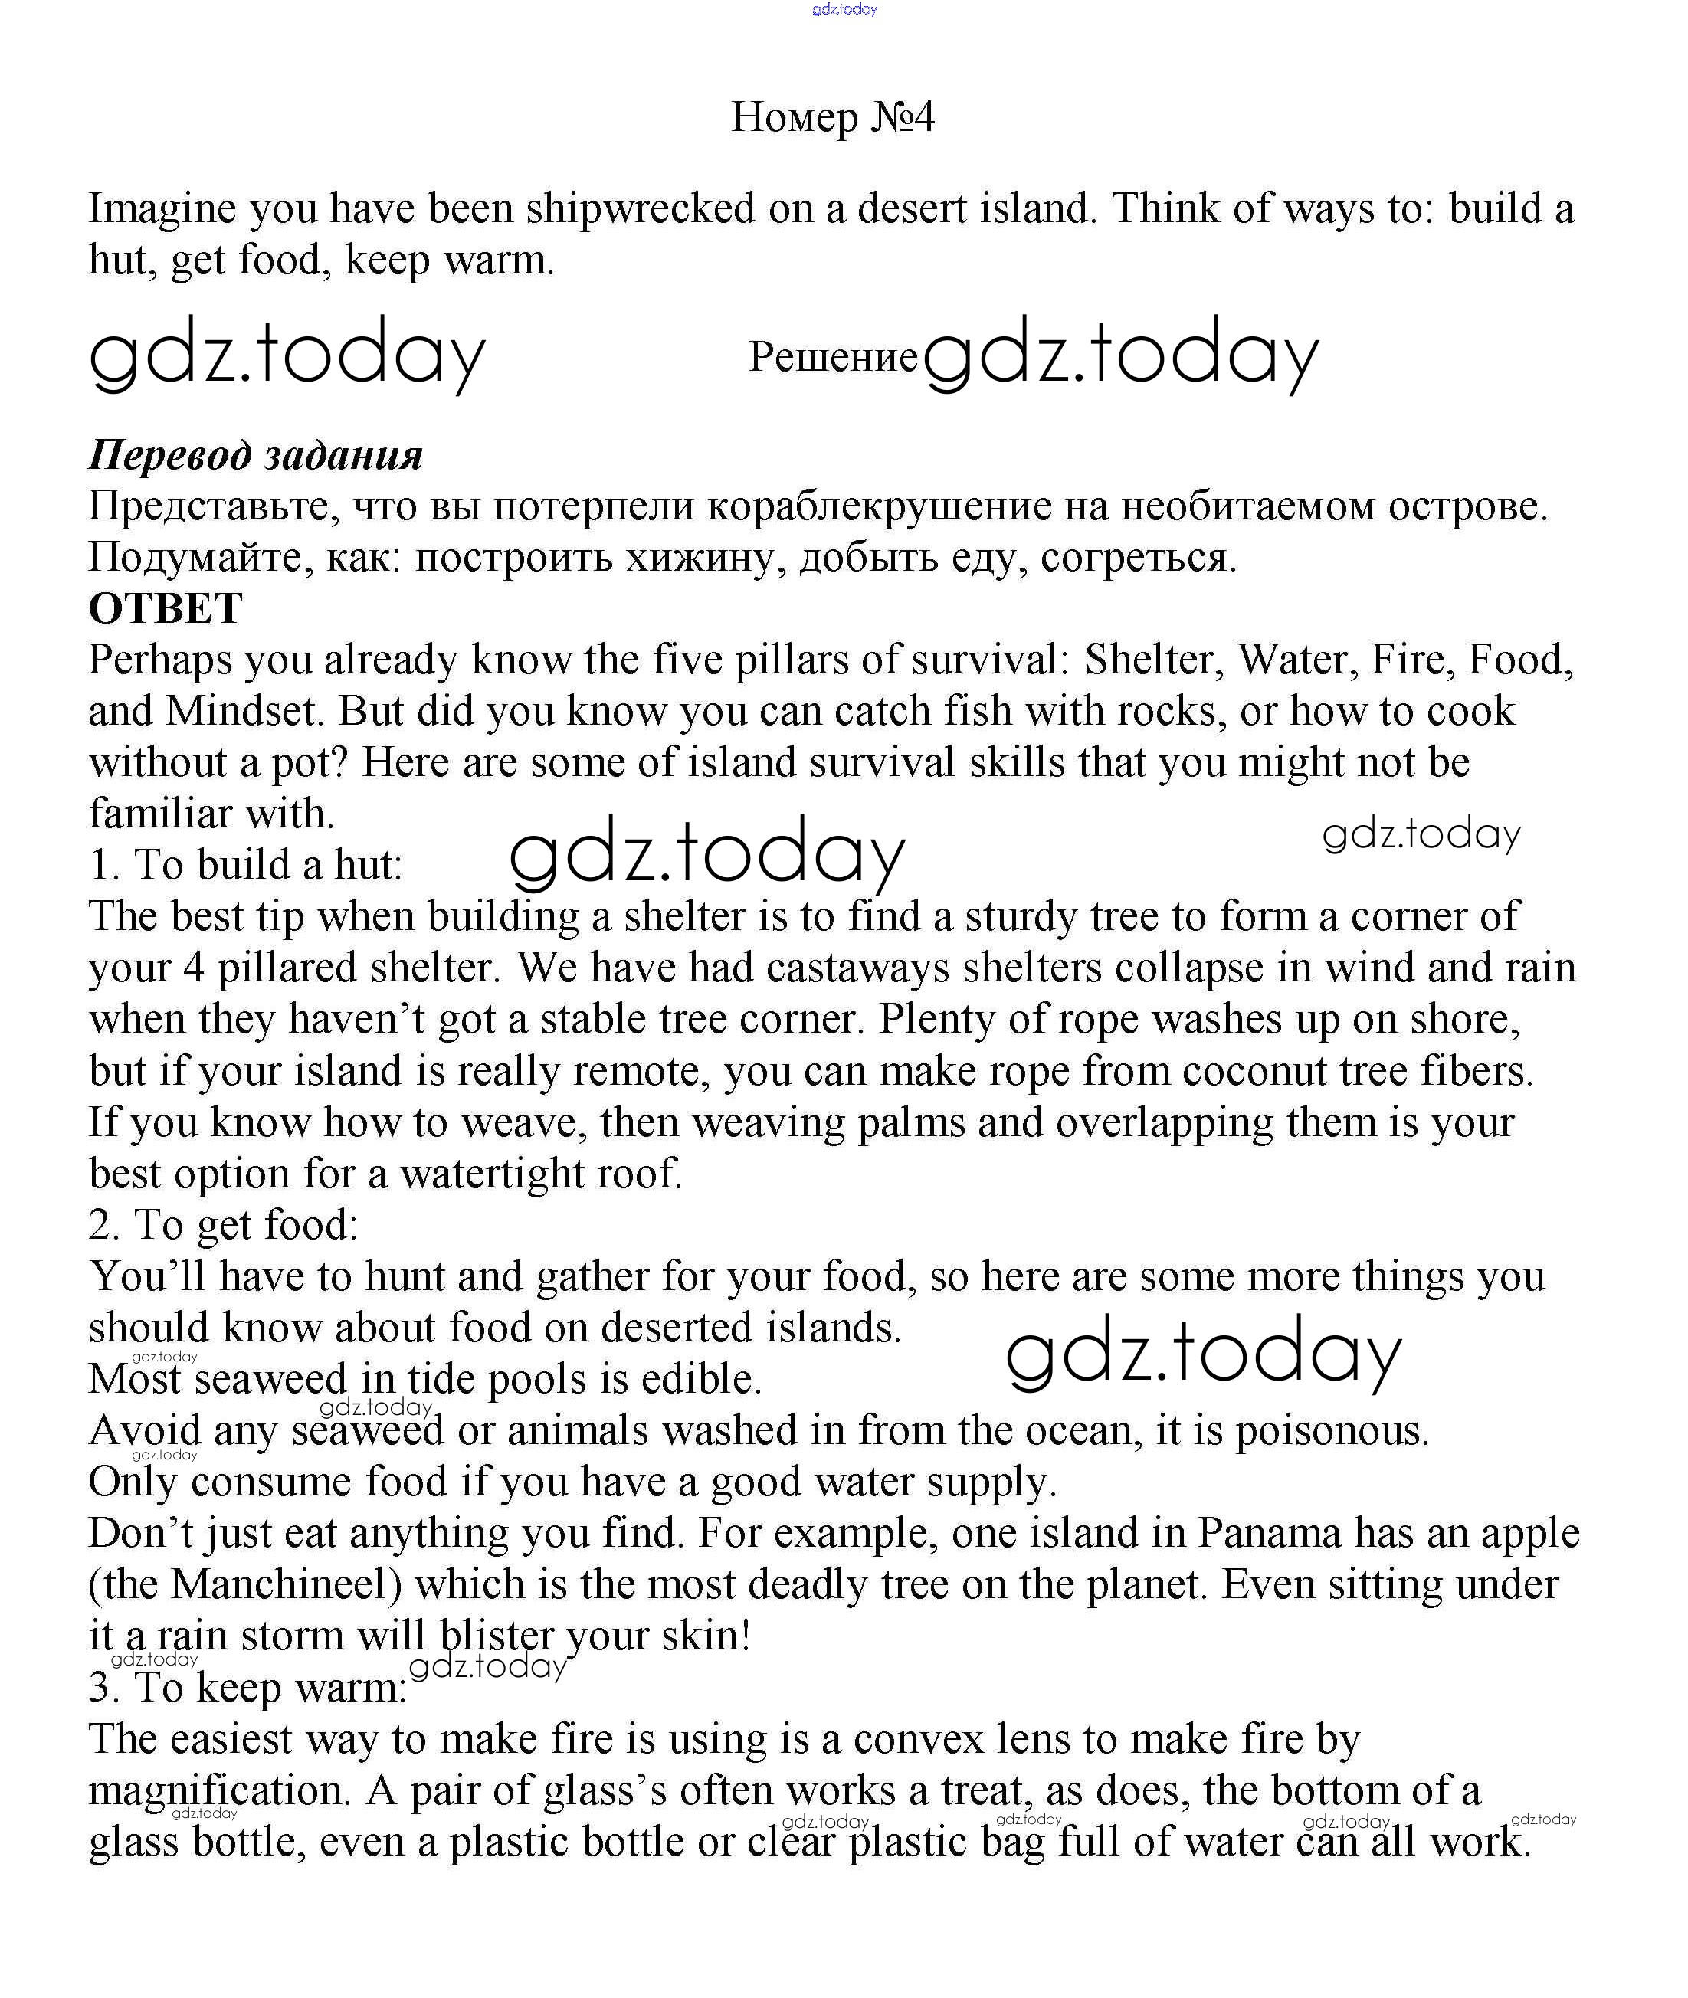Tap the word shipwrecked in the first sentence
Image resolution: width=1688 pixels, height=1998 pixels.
coord(640,208)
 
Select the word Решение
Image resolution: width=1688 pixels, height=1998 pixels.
coord(833,357)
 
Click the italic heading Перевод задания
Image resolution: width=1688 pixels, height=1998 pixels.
coord(255,456)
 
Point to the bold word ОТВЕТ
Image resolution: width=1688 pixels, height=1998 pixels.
coord(166,608)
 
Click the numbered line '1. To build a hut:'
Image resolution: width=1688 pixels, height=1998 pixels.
coord(246,865)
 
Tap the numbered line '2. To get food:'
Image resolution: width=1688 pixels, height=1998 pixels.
coord(224,1225)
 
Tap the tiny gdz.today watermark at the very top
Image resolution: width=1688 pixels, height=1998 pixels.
coord(844,9)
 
